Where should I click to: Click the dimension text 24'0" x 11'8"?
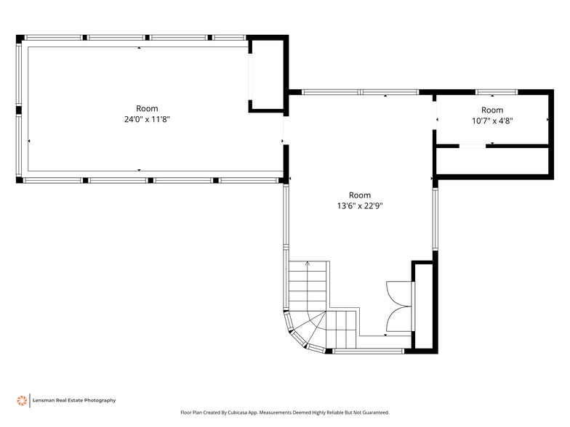(x=147, y=119)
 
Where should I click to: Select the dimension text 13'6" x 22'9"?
(x=360, y=206)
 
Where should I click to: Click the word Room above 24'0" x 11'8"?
(x=147, y=108)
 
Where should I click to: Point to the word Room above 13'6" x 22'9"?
(x=360, y=195)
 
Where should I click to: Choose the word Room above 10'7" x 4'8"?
(x=491, y=110)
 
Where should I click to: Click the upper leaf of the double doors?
(x=400, y=293)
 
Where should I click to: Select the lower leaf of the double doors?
(x=400, y=320)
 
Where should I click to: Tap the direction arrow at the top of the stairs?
(x=307, y=264)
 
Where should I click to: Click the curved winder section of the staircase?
(x=305, y=330)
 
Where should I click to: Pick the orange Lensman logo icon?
(x=22, y=400)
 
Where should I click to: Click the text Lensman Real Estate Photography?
(x=74, y=400)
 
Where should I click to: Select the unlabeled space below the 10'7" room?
(x=491, y=160)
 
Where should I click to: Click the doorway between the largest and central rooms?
(x=284, y=131)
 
